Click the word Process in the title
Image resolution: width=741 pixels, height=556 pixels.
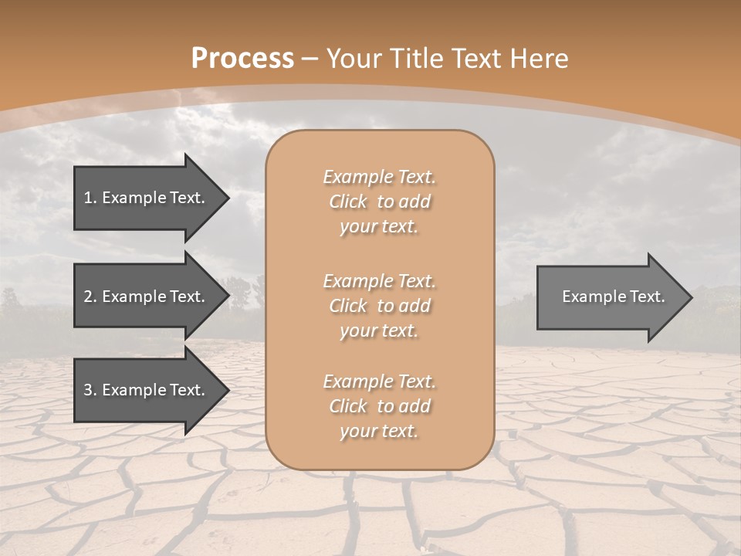click(x=242, y=59)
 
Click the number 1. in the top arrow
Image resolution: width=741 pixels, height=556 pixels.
click(x=90, y=198)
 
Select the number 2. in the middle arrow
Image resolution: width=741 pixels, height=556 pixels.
click(x=90, y=297)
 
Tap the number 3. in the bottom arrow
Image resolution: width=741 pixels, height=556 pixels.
click(x=90, y=390)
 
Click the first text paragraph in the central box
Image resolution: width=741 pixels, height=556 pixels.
click(x=379, y=202)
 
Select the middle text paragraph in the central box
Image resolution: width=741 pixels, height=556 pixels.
click(x=379, y=305)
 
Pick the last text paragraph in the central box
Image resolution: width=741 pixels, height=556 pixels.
click(x=379, y=406)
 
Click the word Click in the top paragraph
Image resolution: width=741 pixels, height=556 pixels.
click(x=347, y=202)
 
